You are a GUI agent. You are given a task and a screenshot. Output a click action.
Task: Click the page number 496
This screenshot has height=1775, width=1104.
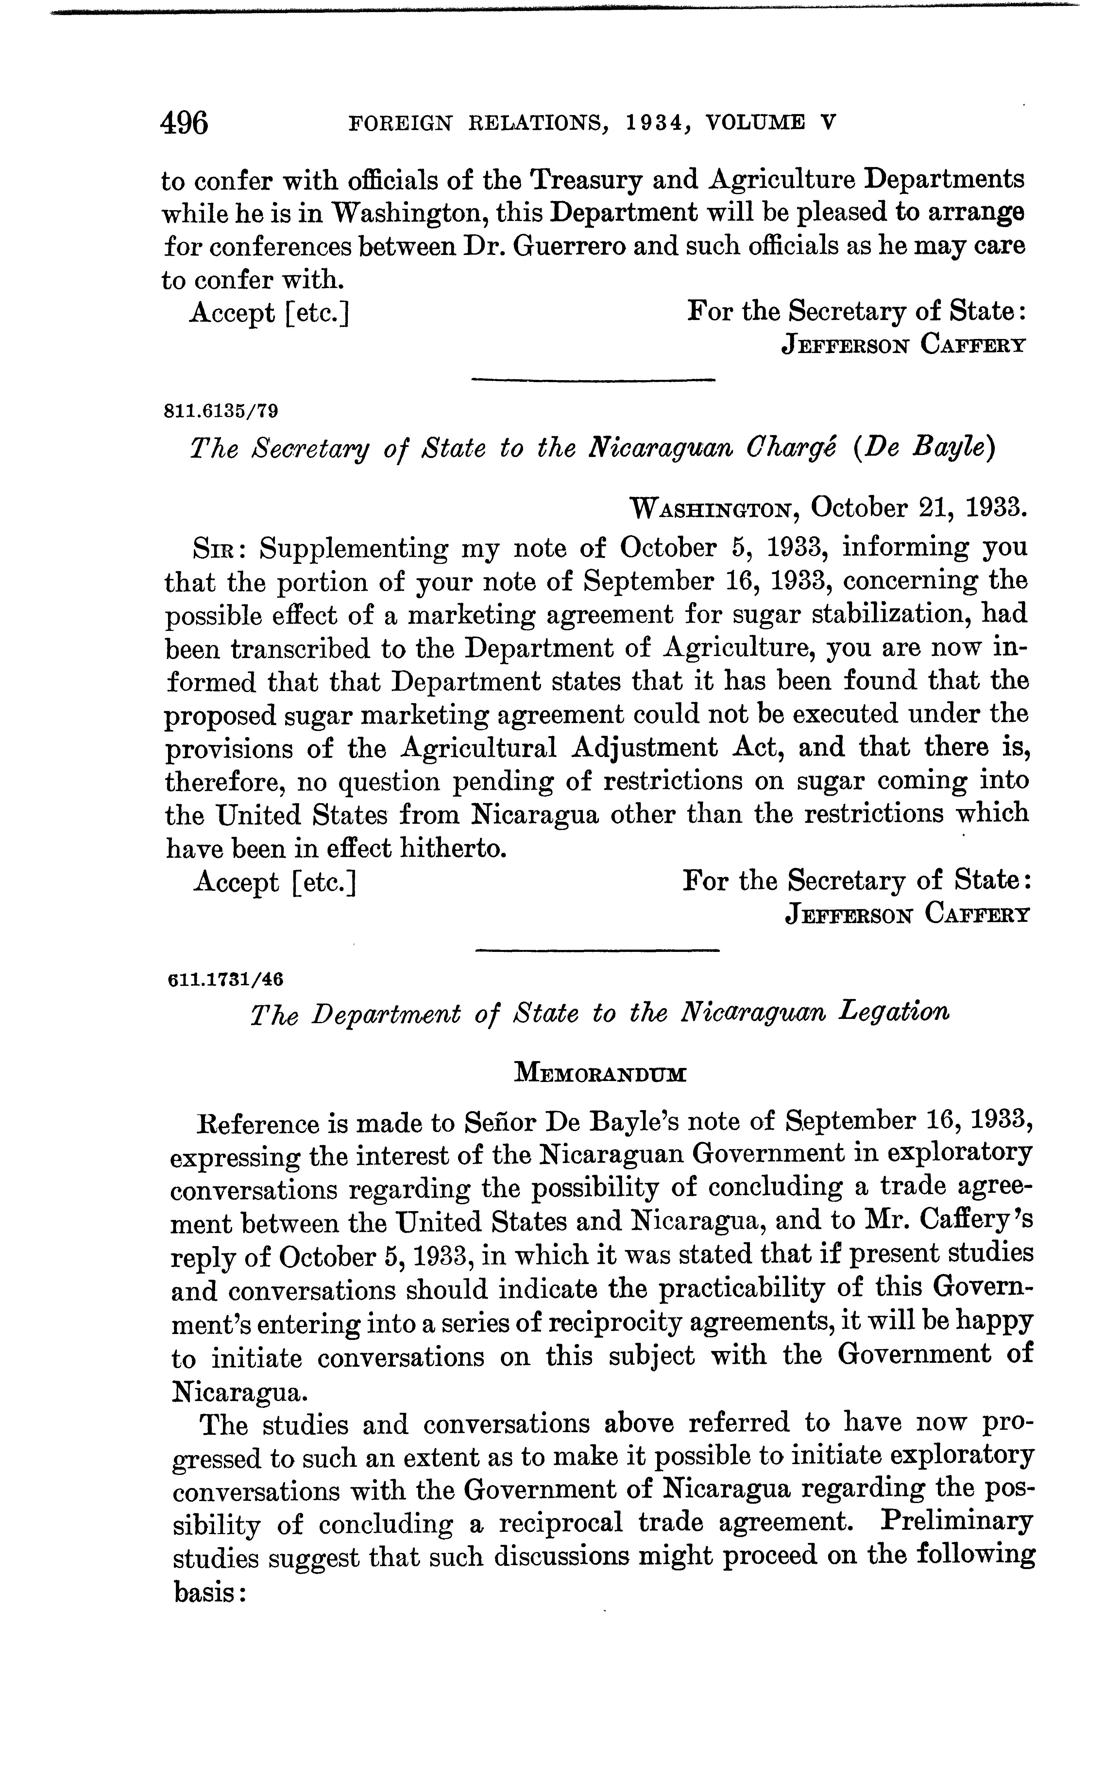click(x=185, y=122)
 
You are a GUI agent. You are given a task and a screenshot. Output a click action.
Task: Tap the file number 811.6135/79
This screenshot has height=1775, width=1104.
click(x=222, y=411)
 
